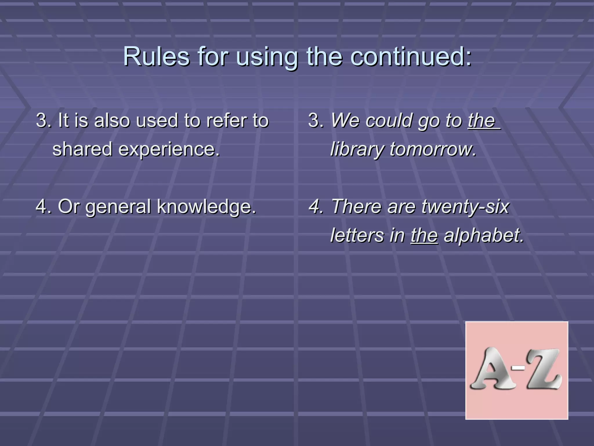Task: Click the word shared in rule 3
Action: (x=82, y=149)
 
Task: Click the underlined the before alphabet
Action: (x=424, y=235)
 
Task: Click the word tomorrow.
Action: (x=433, y=149)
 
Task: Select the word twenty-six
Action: (x=465, y=207)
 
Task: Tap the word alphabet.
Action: (x=484, y=235)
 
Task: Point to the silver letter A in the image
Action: (x=491, y=369)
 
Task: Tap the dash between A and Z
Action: (x=518, y=368)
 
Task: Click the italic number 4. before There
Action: (x=316, y=206)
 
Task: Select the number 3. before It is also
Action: (x=44, y=120)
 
